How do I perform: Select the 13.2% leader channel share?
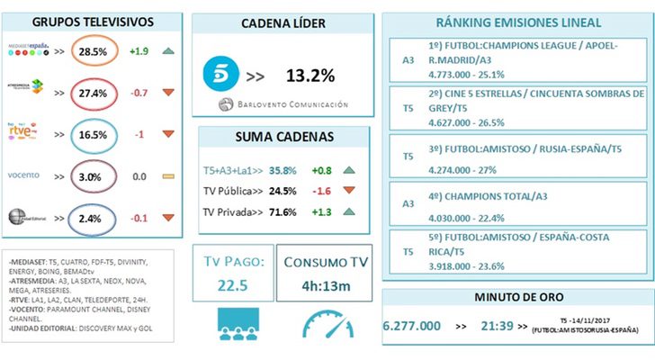(311, 75)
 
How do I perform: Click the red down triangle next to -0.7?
(168, 94)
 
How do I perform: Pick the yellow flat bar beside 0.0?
(168, 177)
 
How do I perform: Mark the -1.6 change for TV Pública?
(320, 190)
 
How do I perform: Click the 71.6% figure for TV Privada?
(286, 211)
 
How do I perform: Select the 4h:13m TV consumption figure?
(322, 287)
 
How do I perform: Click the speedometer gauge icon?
(322, 324)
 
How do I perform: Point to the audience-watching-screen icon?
(231, 324)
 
